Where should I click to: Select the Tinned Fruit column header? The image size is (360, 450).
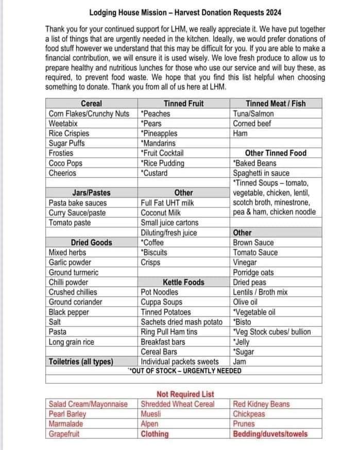(x=183, y=104)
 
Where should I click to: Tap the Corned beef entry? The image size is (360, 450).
(x=252, y=124)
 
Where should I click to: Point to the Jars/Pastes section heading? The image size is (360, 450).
(x=91, y=193)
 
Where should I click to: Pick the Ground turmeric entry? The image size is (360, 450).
(x=73, y=272)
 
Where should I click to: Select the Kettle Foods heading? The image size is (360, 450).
(x=183, y=282)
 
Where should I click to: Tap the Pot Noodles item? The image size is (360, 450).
(x=160, y=292)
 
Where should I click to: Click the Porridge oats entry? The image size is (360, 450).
(x=253, y=272)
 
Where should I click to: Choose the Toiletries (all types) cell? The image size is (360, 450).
(x=81, y=362)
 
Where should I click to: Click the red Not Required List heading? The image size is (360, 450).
(x=185, y=394)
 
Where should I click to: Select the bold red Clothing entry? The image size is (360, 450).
(x=155, y=434)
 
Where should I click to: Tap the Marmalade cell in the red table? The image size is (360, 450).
(x=66, y=424)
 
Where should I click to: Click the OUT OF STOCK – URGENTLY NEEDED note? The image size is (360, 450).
(x=184, y=371)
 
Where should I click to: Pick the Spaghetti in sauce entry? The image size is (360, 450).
(x=261, y=173)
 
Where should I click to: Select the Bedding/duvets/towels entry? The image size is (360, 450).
(x=270, y=434)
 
